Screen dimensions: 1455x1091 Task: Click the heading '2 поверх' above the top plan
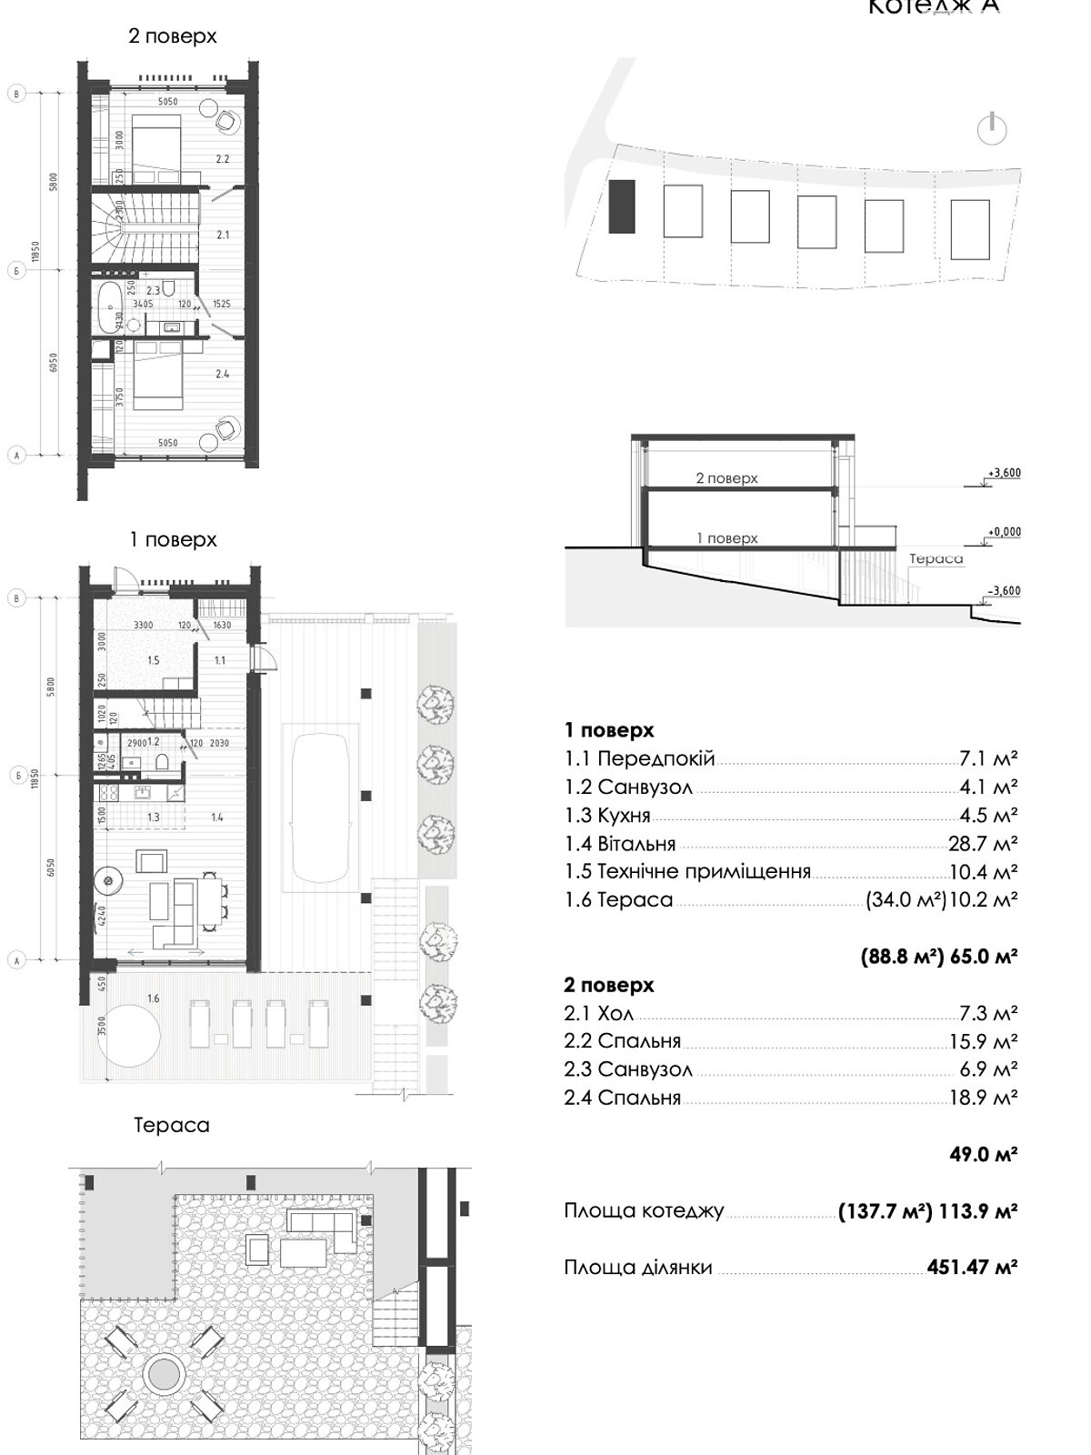[174, 36]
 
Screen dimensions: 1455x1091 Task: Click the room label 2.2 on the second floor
[223, 159]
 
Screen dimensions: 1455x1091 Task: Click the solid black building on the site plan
[621, 206]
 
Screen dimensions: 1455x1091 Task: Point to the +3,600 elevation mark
[1003, 473]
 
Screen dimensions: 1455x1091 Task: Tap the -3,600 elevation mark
[1003, 591]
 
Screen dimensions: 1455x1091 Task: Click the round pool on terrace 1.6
[129, 1034]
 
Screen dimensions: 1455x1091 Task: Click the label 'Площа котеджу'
[644, 1211]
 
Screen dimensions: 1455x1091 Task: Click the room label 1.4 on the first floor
[217, 818]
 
